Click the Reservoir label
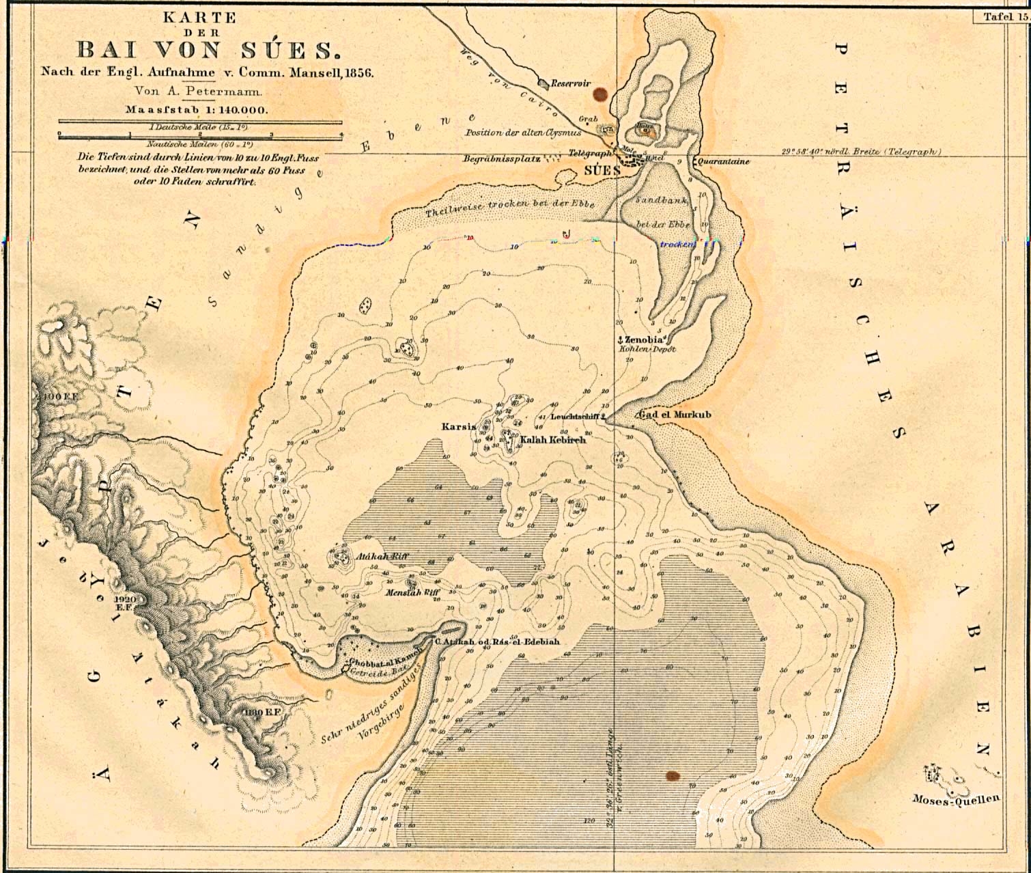tap(571, 83)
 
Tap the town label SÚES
tap(602, 170)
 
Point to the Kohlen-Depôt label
tap(647, 349)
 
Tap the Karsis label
tap(458, 427)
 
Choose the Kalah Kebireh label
tap(553, 441)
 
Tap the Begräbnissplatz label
tap(502, 158)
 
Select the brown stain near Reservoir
tap(600, 94)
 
